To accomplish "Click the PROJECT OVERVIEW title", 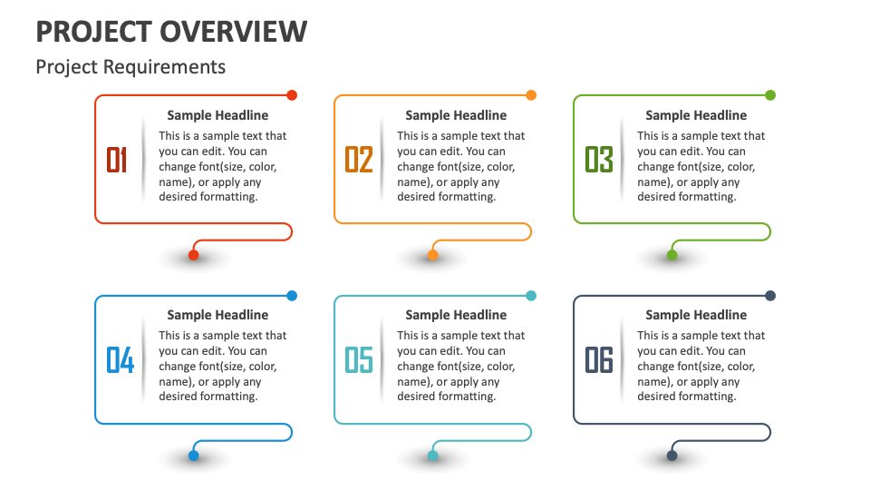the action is (x=171, y=32).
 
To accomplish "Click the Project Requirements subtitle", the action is (x=130, y=67).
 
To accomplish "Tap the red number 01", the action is (x=117, y=160).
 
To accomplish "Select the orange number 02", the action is (x=359, y=160).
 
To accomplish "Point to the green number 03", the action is (x=599, y=160).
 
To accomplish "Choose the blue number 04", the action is (x=120, y=360).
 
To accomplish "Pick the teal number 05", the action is (x=359, y=360).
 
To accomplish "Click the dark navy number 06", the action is (x=599, y=360).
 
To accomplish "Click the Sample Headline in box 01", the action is (x=217, y=115).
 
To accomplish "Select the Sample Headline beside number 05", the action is (x=456, y=315).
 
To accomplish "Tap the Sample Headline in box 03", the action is (x=696, y=115).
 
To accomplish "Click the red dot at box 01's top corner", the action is (x=292, y=95).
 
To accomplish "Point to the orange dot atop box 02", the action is (x=531, y=95).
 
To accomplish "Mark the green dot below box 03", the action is (x=672, y=255).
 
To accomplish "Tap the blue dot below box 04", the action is (x=193, y=456).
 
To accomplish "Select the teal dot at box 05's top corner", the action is (x=531, y=296).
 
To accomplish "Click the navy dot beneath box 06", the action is (x=672, y=456).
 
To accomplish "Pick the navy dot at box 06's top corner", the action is (x=770, y=296).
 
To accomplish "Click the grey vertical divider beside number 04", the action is (x=144, y=360).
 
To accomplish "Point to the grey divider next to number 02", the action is (x=382, y=160).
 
